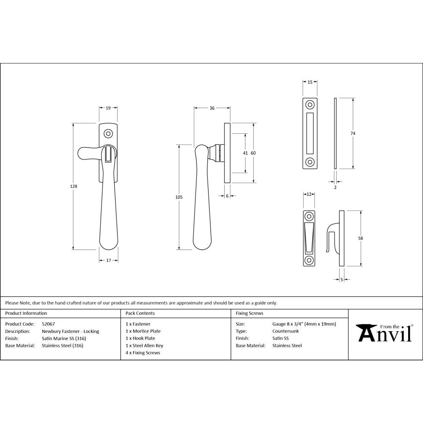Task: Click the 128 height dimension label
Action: click(x=75, y=186)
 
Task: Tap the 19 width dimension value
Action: click(x=108, y=108)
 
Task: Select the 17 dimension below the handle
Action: click(x=108, y=260)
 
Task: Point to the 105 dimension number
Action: click(x=179, y=197)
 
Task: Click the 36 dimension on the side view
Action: click(x=212, y=108)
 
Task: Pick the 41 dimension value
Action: click(x=245, y=153)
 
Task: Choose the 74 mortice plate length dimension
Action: click(x=353, y=133)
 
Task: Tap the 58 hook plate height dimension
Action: click(x=360, y=238)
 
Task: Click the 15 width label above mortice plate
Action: click(x=310, y=82)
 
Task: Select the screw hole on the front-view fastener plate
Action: click(x=108, y=134)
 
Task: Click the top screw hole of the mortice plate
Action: click(x=310, y=104)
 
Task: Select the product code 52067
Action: click(x=49, y=324)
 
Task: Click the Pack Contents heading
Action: click(x=140, y=313)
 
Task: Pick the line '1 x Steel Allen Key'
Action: click(x=144, y=346)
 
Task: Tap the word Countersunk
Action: click(x=286, y=331)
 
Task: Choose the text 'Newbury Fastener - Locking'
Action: click(x=71, y=331)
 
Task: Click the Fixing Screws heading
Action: click(x=250, y=313)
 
